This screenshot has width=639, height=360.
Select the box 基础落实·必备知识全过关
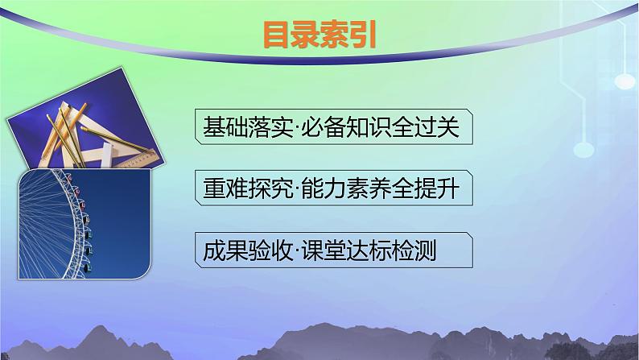[x=332, y=127]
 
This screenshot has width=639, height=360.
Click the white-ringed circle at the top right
[x=625, y=81]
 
